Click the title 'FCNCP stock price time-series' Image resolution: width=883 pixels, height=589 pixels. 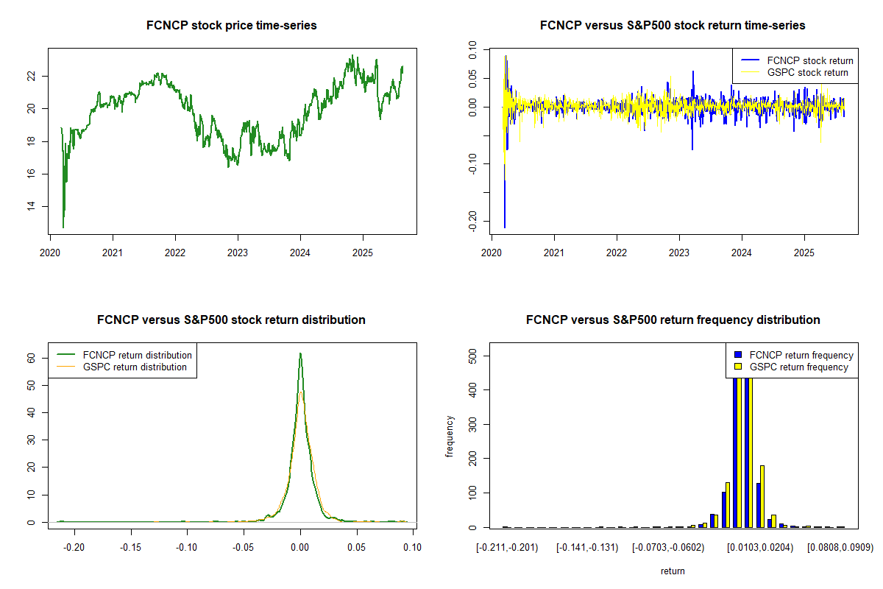[x=232, y=26]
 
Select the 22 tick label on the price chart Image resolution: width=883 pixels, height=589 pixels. [x=32, y=76]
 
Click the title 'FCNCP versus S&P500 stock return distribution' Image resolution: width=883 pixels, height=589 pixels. [x=232, y=320]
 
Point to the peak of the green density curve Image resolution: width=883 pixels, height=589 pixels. [x=299, y=353]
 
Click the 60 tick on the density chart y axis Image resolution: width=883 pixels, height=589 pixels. [x=32, y=358]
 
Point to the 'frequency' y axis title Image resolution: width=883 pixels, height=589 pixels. [x=450, y=437]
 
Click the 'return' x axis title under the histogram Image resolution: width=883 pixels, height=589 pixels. [x=673, y=571]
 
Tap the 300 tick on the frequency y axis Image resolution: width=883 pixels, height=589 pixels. [x=473, y=423]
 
